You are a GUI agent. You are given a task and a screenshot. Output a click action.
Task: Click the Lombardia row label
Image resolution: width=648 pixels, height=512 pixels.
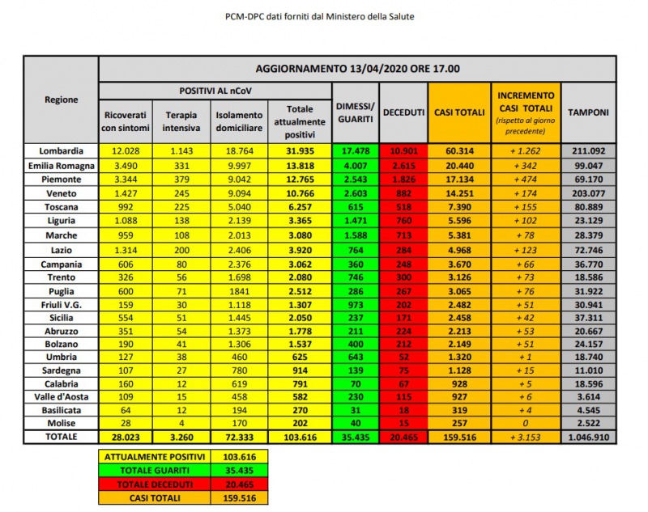61,150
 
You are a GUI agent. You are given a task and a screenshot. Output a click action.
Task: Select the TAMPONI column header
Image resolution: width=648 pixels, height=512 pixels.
588,112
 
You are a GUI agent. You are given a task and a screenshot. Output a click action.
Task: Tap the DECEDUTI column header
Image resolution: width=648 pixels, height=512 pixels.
403,112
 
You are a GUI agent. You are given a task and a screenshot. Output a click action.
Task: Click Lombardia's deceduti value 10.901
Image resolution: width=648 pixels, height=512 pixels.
403,150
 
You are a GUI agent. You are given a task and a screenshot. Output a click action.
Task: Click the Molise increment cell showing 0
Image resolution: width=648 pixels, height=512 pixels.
526,423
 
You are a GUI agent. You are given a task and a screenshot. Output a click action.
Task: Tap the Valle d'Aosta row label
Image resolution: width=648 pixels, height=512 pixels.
61,397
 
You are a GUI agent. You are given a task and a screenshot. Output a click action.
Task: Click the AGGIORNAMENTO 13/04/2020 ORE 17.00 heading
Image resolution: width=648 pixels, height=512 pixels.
358,68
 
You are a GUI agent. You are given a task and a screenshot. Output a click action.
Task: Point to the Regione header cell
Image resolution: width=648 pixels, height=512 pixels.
61,99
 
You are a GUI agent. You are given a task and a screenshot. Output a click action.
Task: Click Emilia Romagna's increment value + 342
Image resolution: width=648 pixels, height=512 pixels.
526,164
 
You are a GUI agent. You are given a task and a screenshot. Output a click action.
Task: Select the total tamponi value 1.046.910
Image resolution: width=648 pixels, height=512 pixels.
588,437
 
